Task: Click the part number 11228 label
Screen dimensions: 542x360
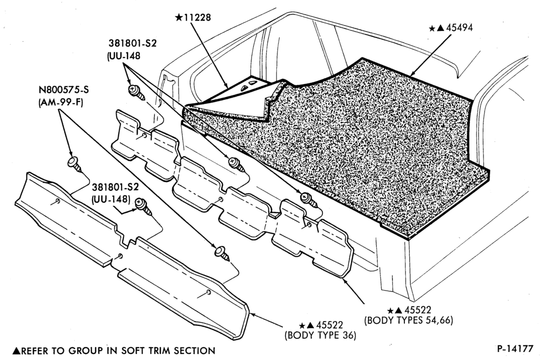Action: [197, 17]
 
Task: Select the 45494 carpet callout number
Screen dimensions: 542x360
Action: [460, 28]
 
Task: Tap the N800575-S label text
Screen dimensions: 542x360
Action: [63, 90]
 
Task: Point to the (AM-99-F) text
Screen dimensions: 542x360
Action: [61, 102]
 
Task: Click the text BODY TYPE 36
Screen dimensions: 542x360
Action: [320, 335]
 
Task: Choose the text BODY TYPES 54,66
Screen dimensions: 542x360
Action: [408, 320]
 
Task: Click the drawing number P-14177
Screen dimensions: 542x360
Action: [515, 349]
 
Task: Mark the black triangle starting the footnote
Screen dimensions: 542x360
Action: [16, 351]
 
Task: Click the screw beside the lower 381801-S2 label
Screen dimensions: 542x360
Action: [143, 206]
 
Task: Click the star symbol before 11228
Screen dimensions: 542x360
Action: [179, 17]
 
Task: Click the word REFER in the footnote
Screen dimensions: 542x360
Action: [35, 351]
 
